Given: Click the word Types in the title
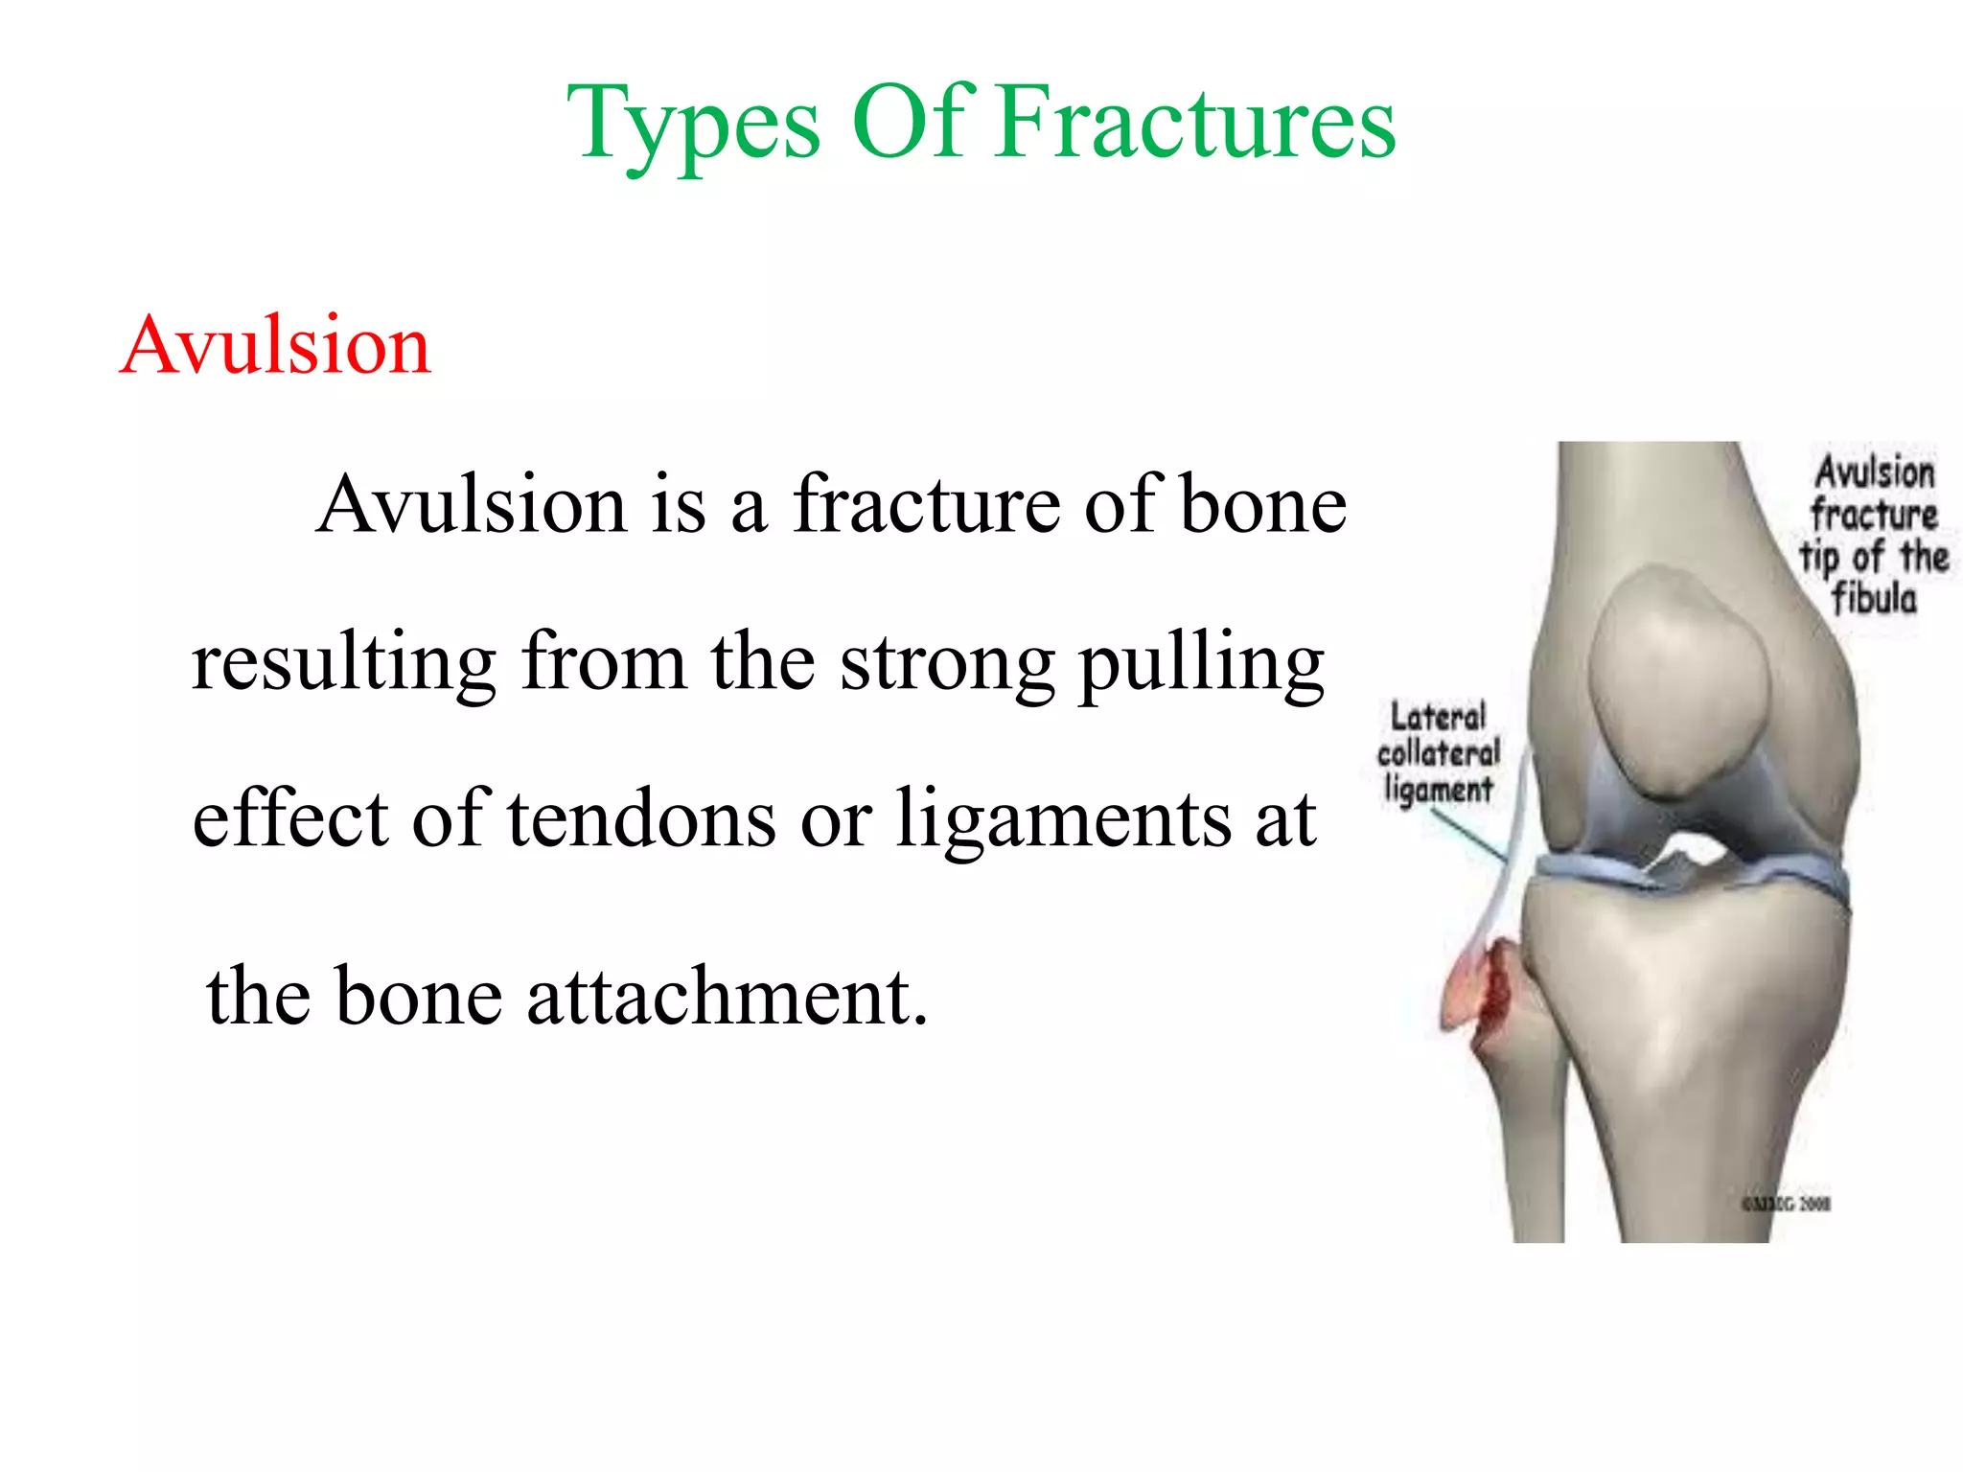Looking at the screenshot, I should (693, 125).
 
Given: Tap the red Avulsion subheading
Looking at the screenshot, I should (276, 345).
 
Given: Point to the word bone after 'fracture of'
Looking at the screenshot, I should (1262, 504).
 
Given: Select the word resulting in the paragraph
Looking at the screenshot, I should (343, 663).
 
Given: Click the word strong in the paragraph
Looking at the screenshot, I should (947, 663).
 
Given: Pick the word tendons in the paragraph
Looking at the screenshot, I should (641, 820).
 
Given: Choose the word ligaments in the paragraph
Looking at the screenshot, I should (1063, 820).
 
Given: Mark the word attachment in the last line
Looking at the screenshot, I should (727, 997).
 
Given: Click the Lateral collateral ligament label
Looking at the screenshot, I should (1438, 753).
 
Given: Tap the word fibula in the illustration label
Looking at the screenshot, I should (1874, 599).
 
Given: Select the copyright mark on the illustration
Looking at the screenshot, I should (1786, 1204).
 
